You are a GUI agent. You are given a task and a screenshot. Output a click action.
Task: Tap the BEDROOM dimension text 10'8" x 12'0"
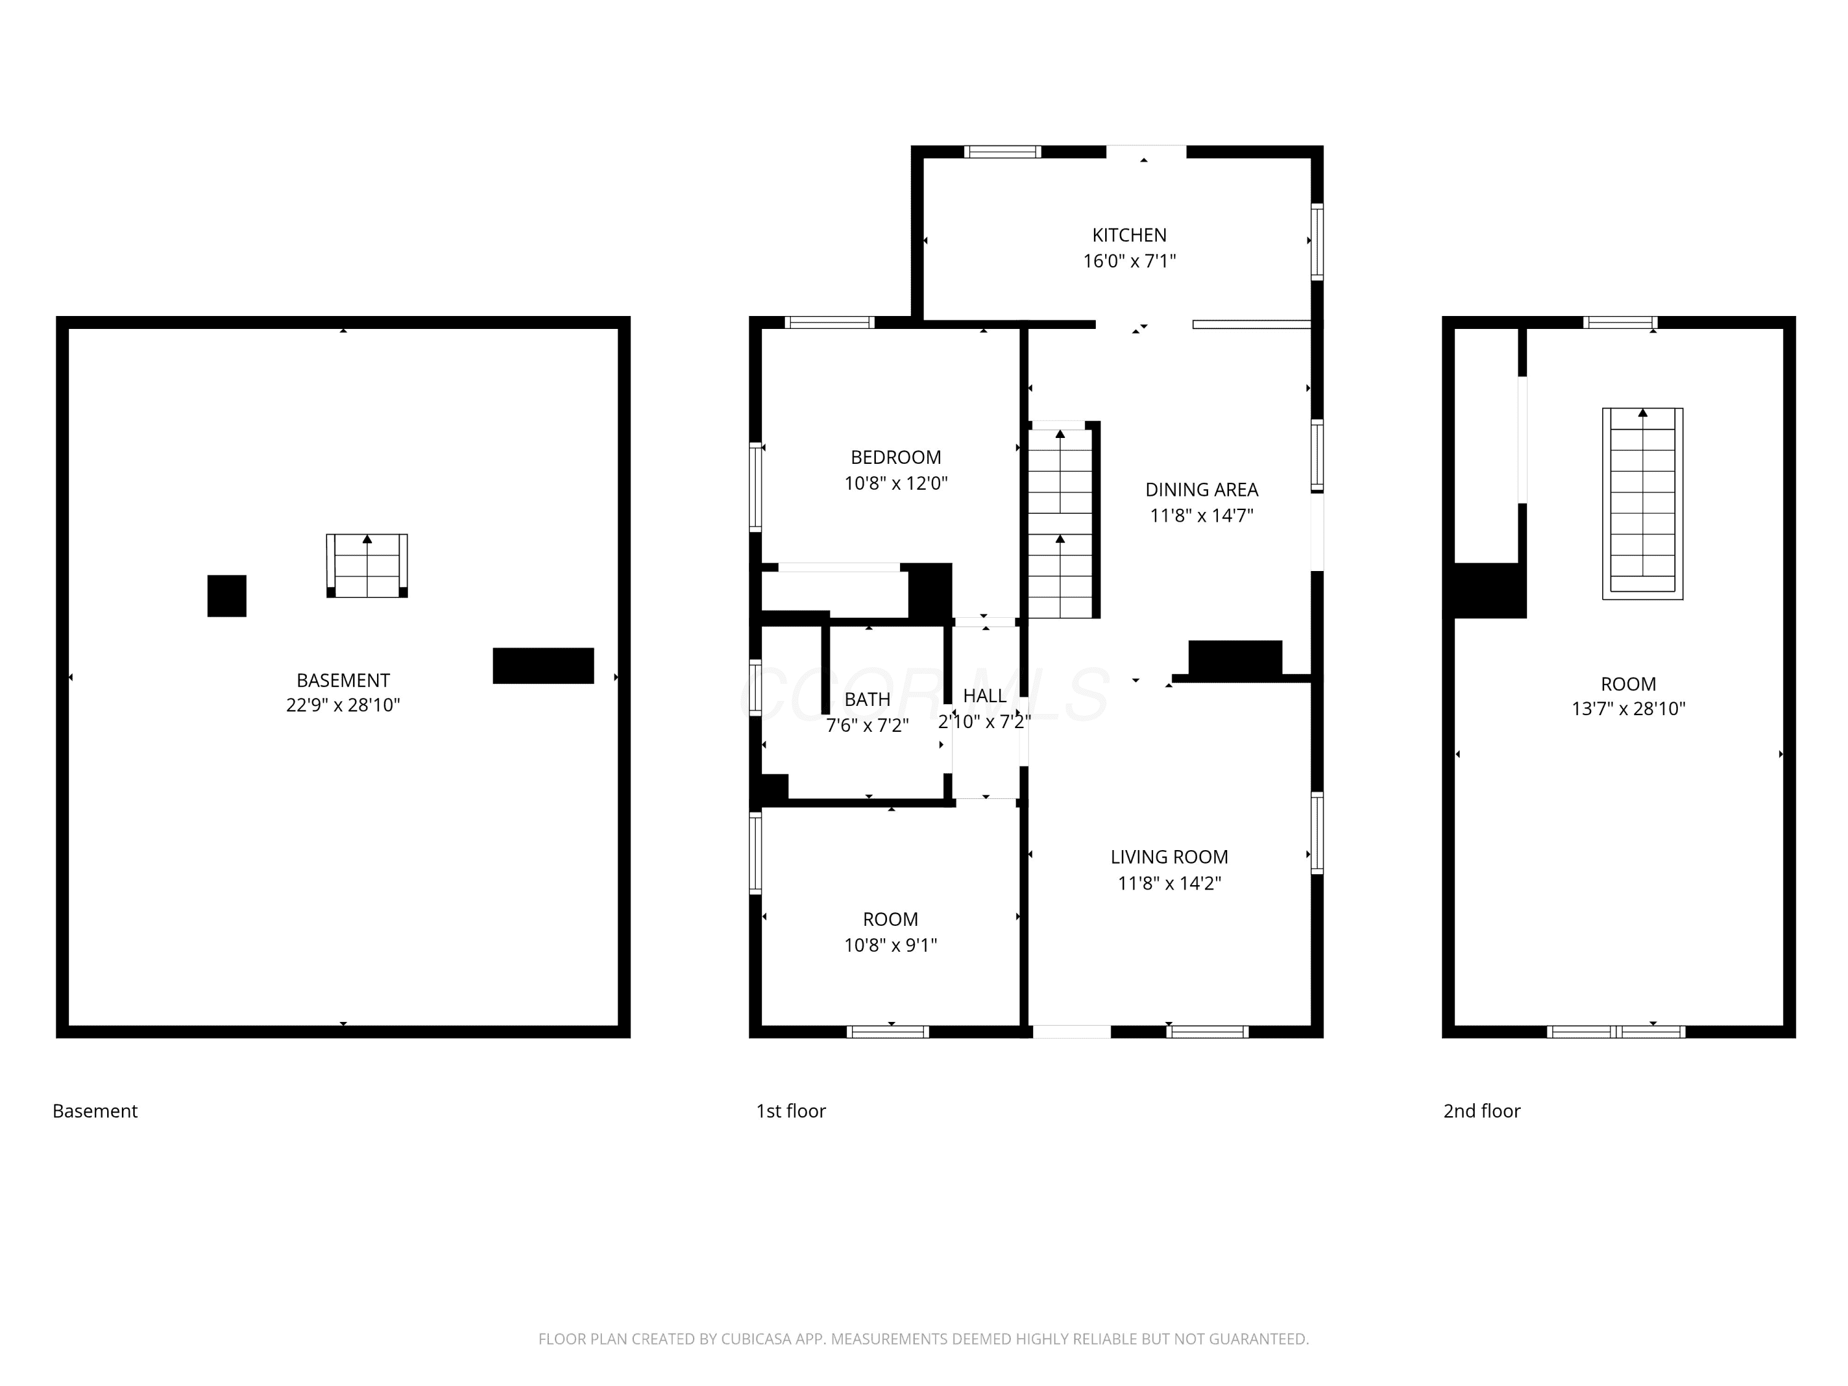point(896,483)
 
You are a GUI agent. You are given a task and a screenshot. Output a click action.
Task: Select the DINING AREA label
point(1201,490)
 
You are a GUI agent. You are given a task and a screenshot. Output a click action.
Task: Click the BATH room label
point(867,699)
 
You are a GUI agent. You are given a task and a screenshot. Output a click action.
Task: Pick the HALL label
point(984,696)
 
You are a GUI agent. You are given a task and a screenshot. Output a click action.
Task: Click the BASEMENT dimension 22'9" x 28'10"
point(342,705)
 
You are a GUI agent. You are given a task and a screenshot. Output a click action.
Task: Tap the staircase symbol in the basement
point(367,565)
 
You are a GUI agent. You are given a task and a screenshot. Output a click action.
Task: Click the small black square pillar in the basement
point(227,596)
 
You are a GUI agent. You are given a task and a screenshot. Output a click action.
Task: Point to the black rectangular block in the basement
point(543,666)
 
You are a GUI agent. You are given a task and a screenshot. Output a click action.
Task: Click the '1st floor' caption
point(790,1111)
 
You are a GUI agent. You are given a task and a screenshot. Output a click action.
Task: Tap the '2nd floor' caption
point(1481,1111)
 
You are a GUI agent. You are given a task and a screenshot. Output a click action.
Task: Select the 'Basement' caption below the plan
point(94,1111)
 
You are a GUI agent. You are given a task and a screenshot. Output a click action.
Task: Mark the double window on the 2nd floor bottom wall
point(1616,1032)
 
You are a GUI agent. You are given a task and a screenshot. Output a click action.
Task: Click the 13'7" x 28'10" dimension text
point(1628,708)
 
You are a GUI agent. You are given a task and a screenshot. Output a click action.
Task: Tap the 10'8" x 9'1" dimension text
point(891,945)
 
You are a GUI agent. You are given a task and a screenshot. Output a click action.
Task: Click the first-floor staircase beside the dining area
point(1061,521)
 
